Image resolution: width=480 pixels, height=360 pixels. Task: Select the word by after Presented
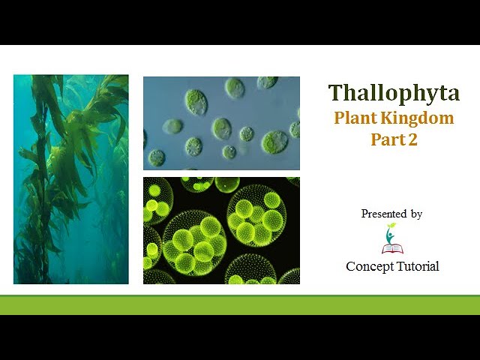(x=416, y=214)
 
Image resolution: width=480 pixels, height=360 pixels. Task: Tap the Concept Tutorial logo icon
(x=391, y=238)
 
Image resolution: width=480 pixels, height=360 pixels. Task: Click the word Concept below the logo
(x=369, y=266)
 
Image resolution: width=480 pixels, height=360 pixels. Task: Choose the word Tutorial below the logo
(x=417, y=266)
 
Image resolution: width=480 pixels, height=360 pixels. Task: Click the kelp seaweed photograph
(x=71, y=179)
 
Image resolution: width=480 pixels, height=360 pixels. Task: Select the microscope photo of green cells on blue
(x=221, y=123)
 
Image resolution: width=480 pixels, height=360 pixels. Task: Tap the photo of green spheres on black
(x=221, y=230)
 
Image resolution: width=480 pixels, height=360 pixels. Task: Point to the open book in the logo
(x=391, y=247)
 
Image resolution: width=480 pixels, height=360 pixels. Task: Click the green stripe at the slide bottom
(x=240, y=304)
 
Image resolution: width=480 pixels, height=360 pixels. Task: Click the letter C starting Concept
(x=351, y=266)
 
